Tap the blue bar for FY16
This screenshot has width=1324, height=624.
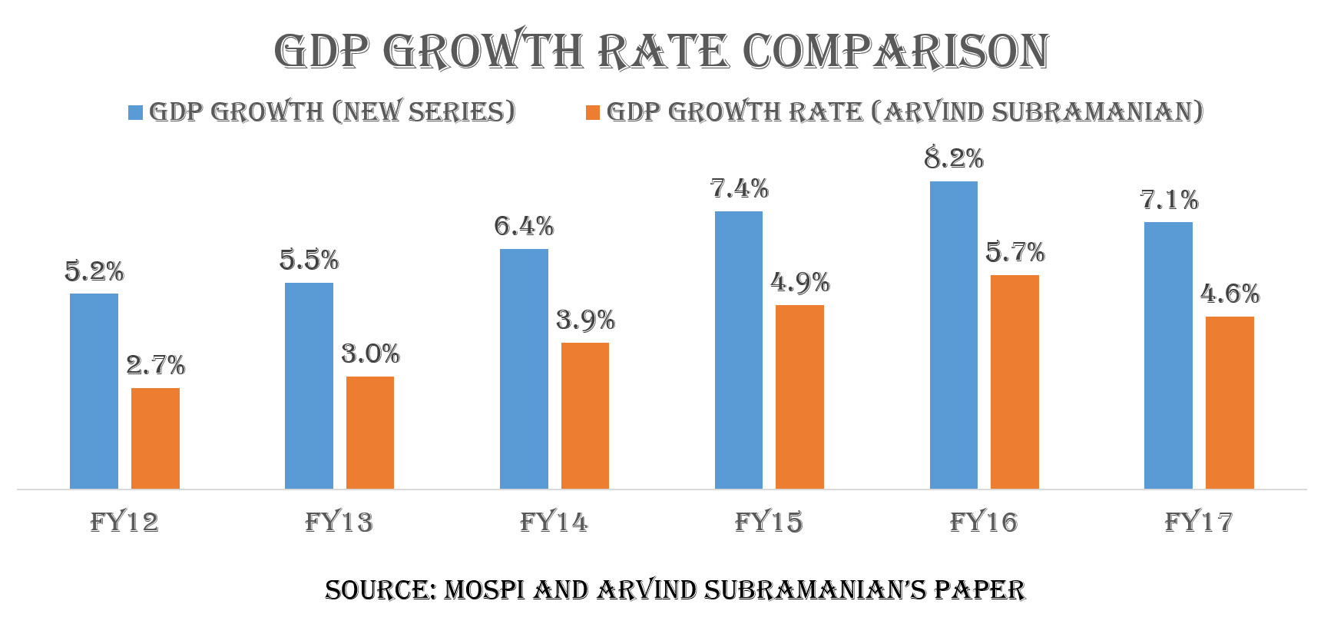tap(953, 335)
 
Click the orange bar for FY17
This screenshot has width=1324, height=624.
tap(1230, 403)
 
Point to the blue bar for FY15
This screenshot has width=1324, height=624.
tap(738, 350)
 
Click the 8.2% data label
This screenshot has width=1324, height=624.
tap(954, 158)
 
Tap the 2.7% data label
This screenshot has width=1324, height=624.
tap(156, 365)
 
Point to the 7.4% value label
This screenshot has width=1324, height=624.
tap(739, 188)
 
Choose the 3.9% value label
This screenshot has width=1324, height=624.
tap(585, 320)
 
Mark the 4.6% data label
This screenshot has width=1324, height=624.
tap(1230, 294)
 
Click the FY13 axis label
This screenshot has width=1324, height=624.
tap(339, 523)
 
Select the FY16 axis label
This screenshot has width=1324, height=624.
tap(984, 523)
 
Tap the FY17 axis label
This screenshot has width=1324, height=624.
tap(1199, 523)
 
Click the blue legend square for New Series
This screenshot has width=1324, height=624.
tap(136, 112)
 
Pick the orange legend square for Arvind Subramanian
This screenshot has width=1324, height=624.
tap(592, 112)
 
